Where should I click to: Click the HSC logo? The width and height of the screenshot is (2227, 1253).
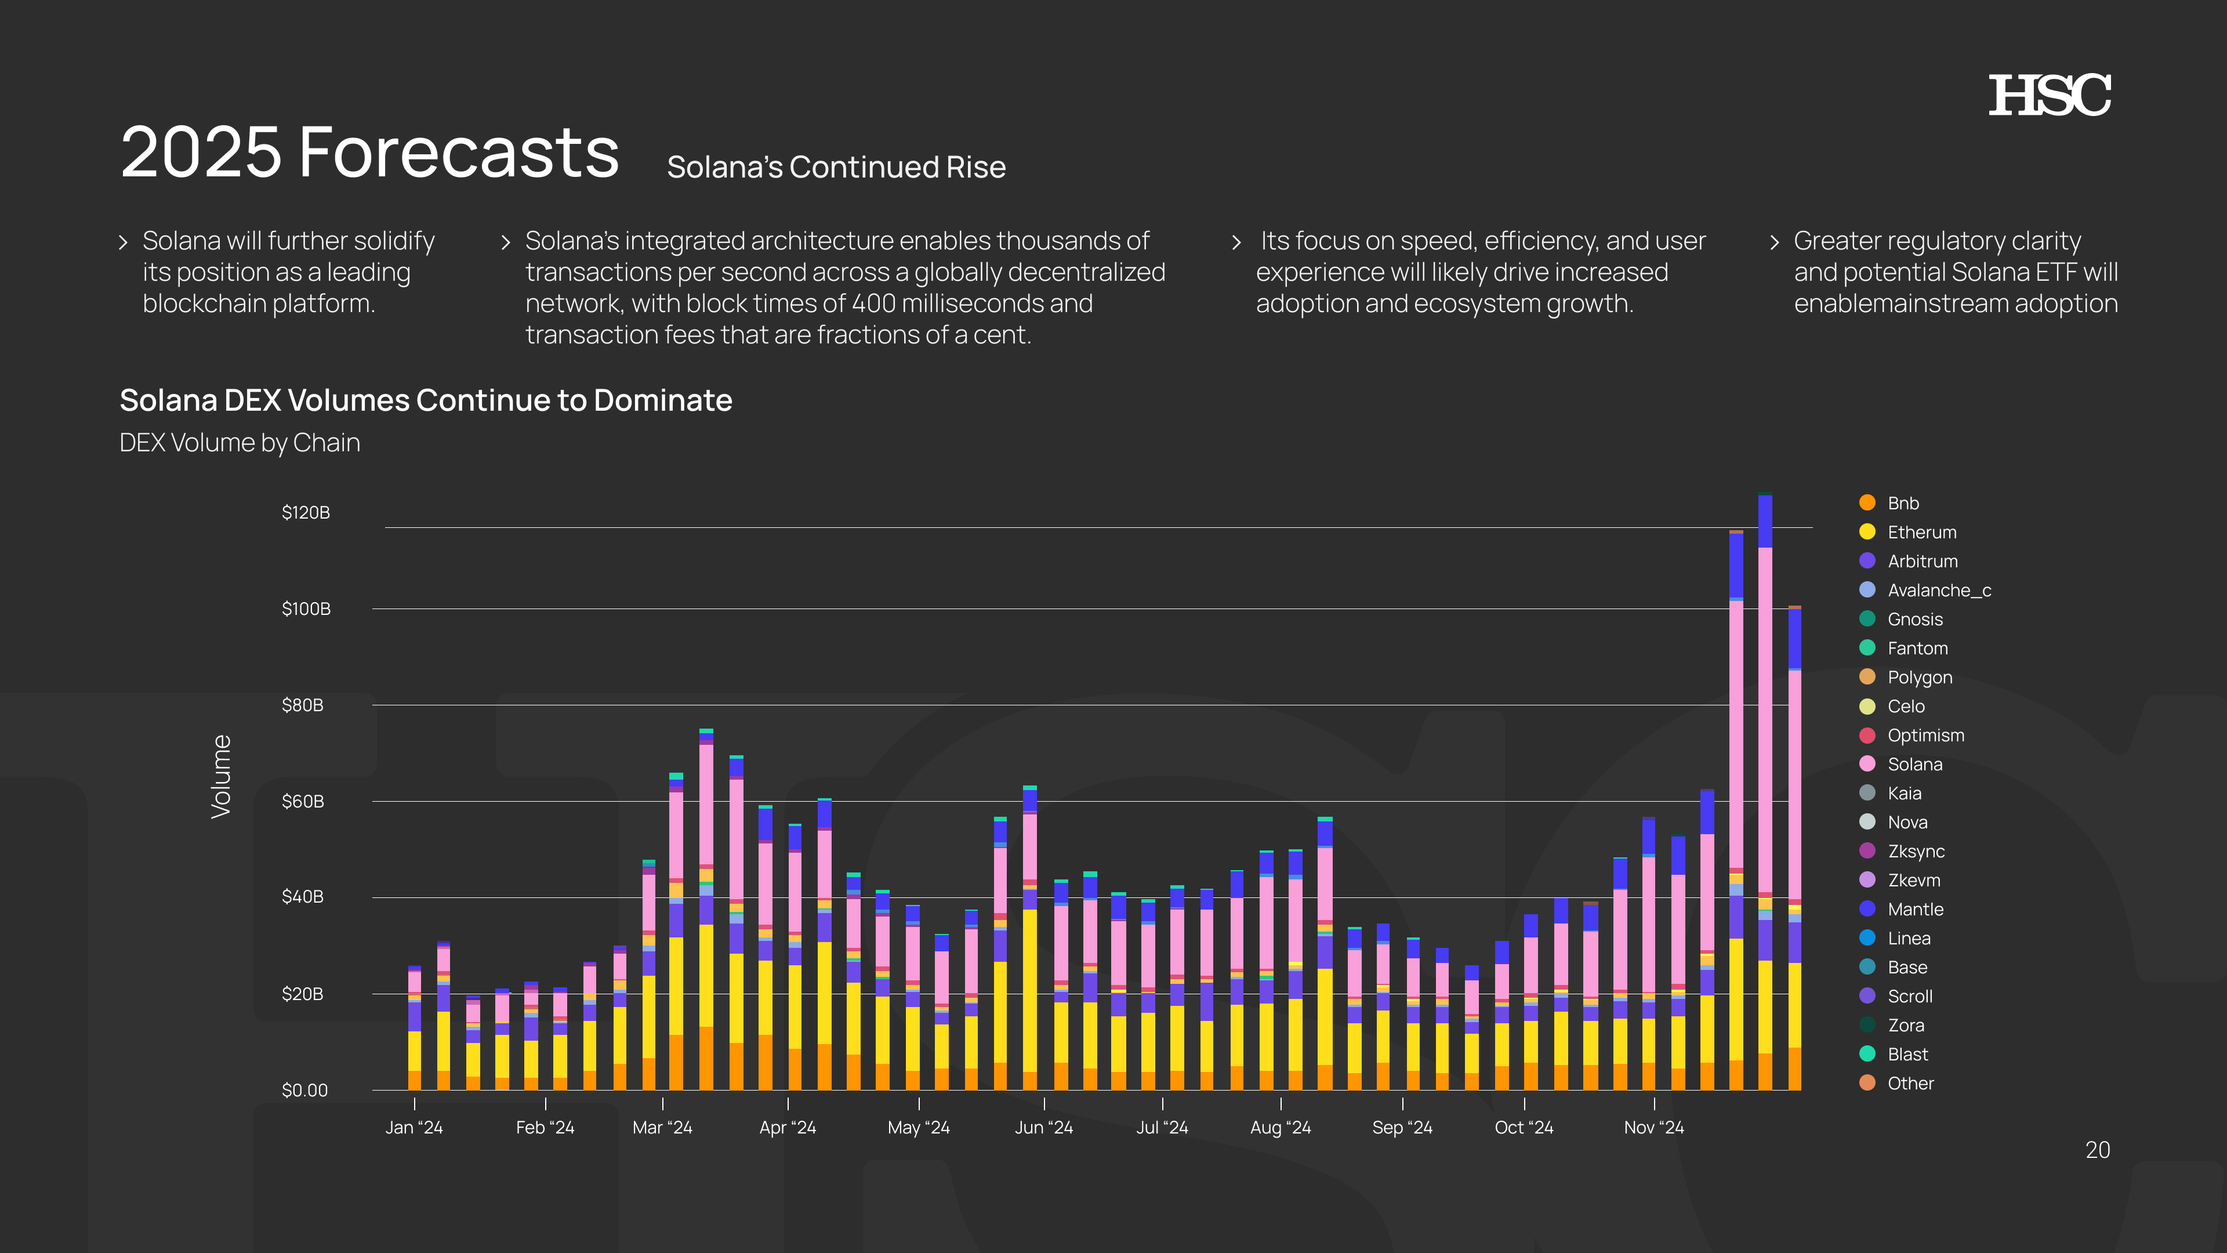(x=2049, y=95)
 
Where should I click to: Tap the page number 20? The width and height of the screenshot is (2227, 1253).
(x=2097, y=1150)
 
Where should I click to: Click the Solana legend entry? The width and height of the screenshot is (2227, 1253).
(x=1914, y=765)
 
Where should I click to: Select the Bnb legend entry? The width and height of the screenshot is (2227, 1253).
(x=1903, y=504)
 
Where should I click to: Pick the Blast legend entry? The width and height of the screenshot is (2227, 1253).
(x=1907, y=1054)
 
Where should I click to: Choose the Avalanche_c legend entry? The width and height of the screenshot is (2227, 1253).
(x=1938, y=591)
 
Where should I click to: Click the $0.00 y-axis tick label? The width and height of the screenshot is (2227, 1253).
(x=305, y=1091)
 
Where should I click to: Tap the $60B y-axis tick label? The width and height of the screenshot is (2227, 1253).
(x=303, y=802)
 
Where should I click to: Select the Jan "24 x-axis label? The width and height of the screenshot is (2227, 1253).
(x=414, y=1128)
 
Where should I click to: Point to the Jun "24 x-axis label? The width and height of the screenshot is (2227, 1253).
(x=1043, y=1128)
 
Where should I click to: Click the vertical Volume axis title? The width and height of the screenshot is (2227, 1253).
(x=222, y=777)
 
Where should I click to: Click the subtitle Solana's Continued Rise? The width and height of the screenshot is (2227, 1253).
(x=836, y=167)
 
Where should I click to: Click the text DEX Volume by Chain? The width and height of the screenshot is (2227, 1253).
(x=240, y=443)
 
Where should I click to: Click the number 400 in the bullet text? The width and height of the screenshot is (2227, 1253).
(x=873, y=303)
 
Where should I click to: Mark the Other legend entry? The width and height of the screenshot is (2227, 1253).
(x=1910, y=1084)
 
